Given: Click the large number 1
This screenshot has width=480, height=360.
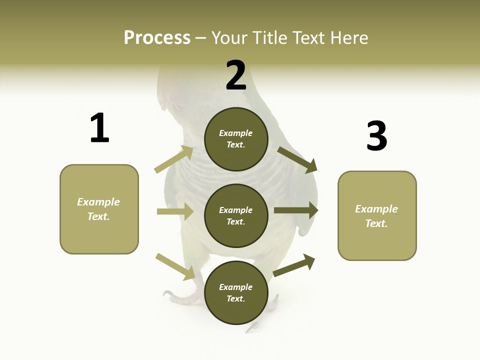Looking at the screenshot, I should (x=99, y=128).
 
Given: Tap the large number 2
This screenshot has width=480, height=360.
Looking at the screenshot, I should (x=236, y=75).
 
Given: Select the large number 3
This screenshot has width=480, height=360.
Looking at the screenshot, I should (x=376, y=136).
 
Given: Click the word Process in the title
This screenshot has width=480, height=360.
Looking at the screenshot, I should (x=157, y=37).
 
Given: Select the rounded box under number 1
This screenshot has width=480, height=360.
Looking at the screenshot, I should (x=99, y=209).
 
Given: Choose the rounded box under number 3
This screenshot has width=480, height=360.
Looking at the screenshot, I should (x=377, y=216).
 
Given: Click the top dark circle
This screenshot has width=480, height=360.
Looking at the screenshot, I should (x=236, y=139).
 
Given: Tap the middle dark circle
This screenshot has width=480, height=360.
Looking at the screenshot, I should (x=236, y=215).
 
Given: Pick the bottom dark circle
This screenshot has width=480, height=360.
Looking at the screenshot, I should (x=236, y=292).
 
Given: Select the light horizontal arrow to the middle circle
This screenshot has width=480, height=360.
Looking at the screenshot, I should (x=175, y=211).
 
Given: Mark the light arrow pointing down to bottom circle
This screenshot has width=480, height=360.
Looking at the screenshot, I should (x=175, y=266).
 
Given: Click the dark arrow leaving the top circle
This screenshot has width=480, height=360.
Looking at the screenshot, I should (x=297, y=159).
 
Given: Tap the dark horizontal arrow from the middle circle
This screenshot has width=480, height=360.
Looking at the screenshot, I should (x=296, y=210).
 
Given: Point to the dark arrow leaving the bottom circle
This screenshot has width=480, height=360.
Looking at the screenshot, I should (x=294, y=265).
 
